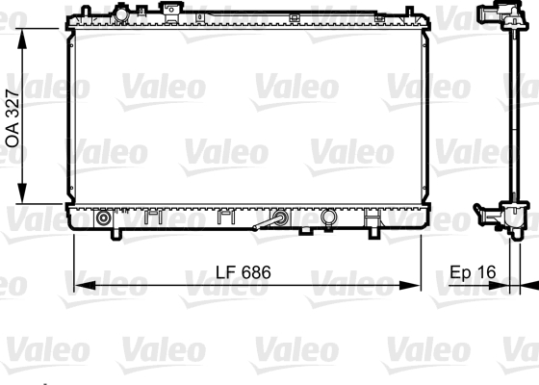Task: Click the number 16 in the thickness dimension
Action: [x=486, y=273]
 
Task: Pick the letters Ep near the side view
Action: [x=461, y=273]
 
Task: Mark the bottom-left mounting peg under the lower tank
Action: [x=116, y=234]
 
